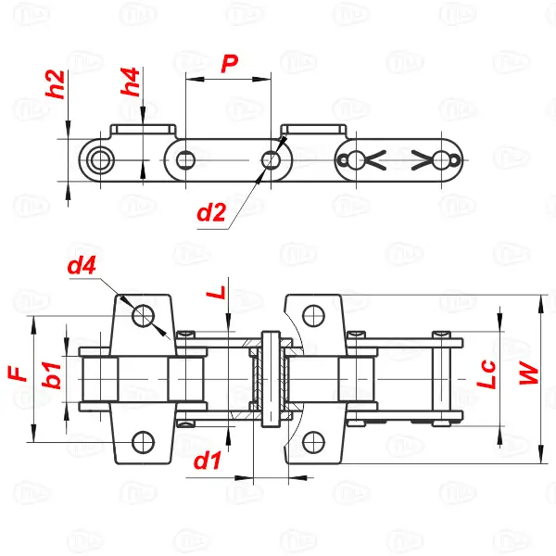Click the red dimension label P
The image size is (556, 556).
pos(230,63)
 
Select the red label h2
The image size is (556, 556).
pos(56,84)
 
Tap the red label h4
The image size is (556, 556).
pos(130,82)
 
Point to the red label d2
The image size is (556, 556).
pos(211,213)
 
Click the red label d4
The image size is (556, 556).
pos(82,266)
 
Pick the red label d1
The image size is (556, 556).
pos(207,461)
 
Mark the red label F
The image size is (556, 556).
pos(18,373)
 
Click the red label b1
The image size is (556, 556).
pos(52,374)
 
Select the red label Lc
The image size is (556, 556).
pos(486,374)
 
